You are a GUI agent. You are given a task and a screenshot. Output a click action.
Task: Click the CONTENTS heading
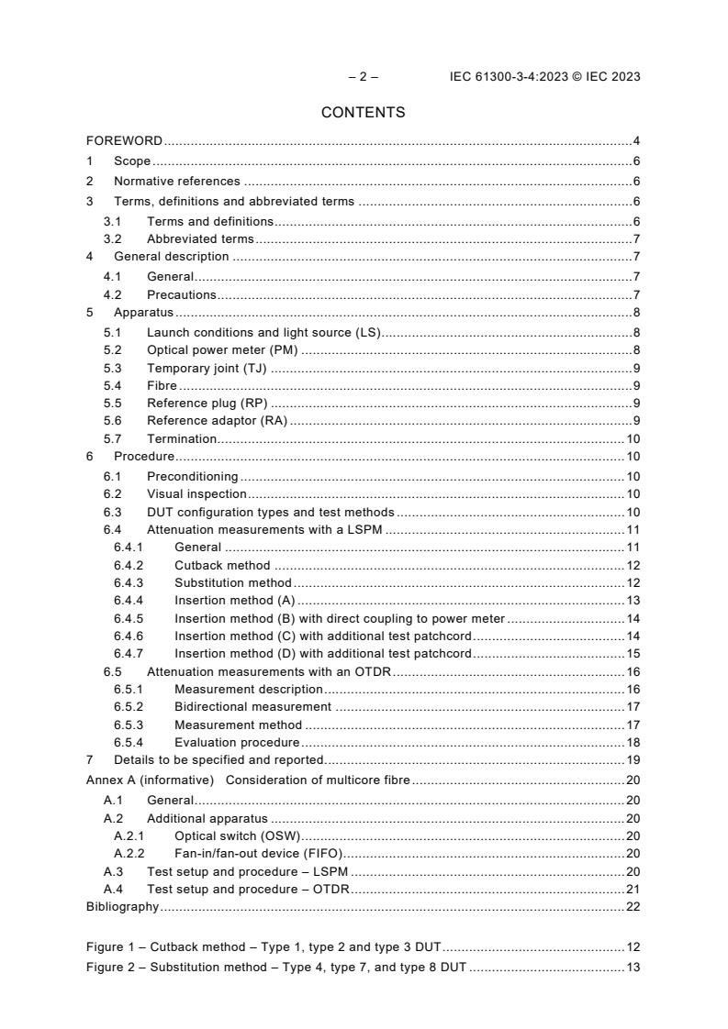coord(363,113)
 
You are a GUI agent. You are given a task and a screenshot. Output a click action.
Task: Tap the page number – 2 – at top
coord(364,77)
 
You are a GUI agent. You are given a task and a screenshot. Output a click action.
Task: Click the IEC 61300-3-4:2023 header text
coord(544,77)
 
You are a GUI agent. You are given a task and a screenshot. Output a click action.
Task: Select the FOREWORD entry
coord(124,141)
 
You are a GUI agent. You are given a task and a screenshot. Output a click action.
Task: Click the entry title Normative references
coord(176,182)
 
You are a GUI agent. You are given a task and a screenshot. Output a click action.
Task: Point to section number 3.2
coord(113,239)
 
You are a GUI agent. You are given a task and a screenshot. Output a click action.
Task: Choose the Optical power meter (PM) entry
coord(223,350)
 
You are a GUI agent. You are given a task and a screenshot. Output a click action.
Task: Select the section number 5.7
coord(113,439)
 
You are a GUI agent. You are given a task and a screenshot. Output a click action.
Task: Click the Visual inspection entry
coord(196,494)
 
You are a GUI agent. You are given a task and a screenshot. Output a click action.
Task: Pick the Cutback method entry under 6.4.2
coord(221,566)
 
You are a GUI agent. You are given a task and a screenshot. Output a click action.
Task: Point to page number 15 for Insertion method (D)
coord(633,654)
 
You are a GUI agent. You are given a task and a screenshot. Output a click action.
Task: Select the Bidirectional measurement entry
coord(252,707)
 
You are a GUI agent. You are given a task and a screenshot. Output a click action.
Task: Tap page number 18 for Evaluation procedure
coord(633,743)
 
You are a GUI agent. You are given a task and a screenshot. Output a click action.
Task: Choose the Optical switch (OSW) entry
coord(237,835)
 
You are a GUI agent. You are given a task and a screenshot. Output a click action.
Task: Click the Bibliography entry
coord(122,907)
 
